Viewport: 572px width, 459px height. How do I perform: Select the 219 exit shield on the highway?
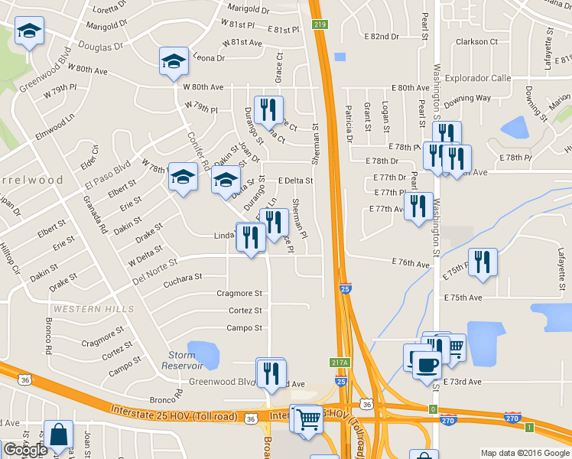click(x=320, y=25)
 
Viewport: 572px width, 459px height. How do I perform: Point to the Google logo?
click(x=25, y=450)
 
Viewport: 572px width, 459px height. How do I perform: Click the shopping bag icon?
click(x=59, y=435)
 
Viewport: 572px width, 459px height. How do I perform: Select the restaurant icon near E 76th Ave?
click(x=483, y=262)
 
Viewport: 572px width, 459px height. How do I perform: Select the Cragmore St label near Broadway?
click(x=239, y=293)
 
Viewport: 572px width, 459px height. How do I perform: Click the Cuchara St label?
click(x=183, y=277)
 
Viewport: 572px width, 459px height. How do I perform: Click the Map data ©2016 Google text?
click(x=524, y=453)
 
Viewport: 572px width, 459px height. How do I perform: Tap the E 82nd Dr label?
click(x=382, y=36)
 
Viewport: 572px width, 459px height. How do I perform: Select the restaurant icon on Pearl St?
click(x=418, y=207)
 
